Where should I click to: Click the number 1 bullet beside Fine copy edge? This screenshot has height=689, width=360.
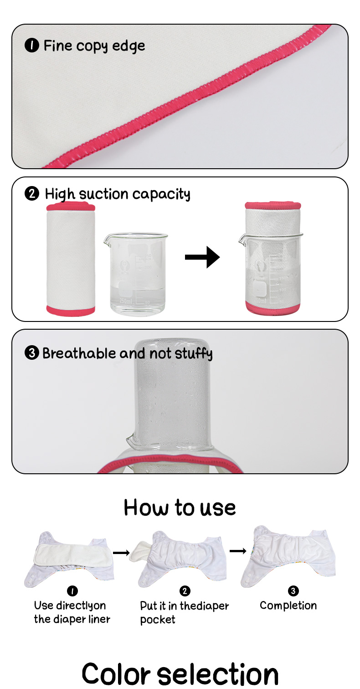coord(31,46)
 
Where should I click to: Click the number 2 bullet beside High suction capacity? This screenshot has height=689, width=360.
coord(31,194)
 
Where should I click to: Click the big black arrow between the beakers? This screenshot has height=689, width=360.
coord(202,258)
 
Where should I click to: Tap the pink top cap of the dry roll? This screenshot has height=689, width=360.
coord(71,207)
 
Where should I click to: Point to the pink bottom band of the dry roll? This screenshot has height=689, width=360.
coord(71,311)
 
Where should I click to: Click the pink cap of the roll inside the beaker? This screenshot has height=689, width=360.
coord(273,205)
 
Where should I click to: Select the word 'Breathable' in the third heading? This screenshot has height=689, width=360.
coord(79,353)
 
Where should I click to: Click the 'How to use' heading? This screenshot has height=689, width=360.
coord(180,508)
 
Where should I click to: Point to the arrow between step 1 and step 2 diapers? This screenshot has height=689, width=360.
coord(121,553)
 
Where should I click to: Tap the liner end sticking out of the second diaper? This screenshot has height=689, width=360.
coord(136,553)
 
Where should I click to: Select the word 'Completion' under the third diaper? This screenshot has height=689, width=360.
coord(288,606)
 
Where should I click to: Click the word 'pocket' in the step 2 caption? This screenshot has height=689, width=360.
coord(158,620)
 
